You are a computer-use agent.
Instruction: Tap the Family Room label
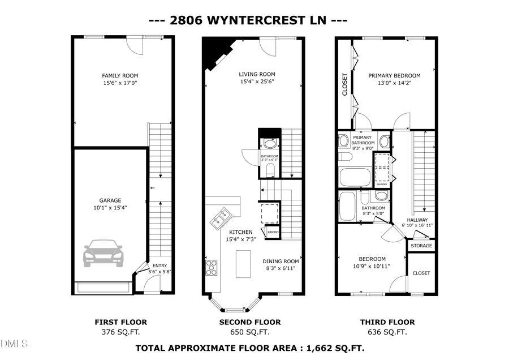click(x=120, y=76)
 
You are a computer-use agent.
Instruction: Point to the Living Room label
click(x=257, y=74)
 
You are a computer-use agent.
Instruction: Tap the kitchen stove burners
click(x=212, y=267)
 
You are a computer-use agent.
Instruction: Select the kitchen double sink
click(x=221, y=217)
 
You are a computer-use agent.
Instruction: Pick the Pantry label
click(x=273, y=232)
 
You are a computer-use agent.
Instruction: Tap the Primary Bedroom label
click(x=394, y=76)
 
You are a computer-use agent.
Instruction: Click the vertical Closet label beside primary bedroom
click(x=344, y=84)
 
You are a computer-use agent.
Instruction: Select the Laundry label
click(x=381, y=184)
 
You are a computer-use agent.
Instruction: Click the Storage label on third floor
click(x=421, y=246)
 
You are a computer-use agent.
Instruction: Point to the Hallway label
click(x=417, y=220)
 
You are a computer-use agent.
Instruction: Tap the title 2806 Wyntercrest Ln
click(x=248, y=20)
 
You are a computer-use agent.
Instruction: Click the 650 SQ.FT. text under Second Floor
click(x=250, y=332)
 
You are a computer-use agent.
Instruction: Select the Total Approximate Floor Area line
click(x=249, y=347)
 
